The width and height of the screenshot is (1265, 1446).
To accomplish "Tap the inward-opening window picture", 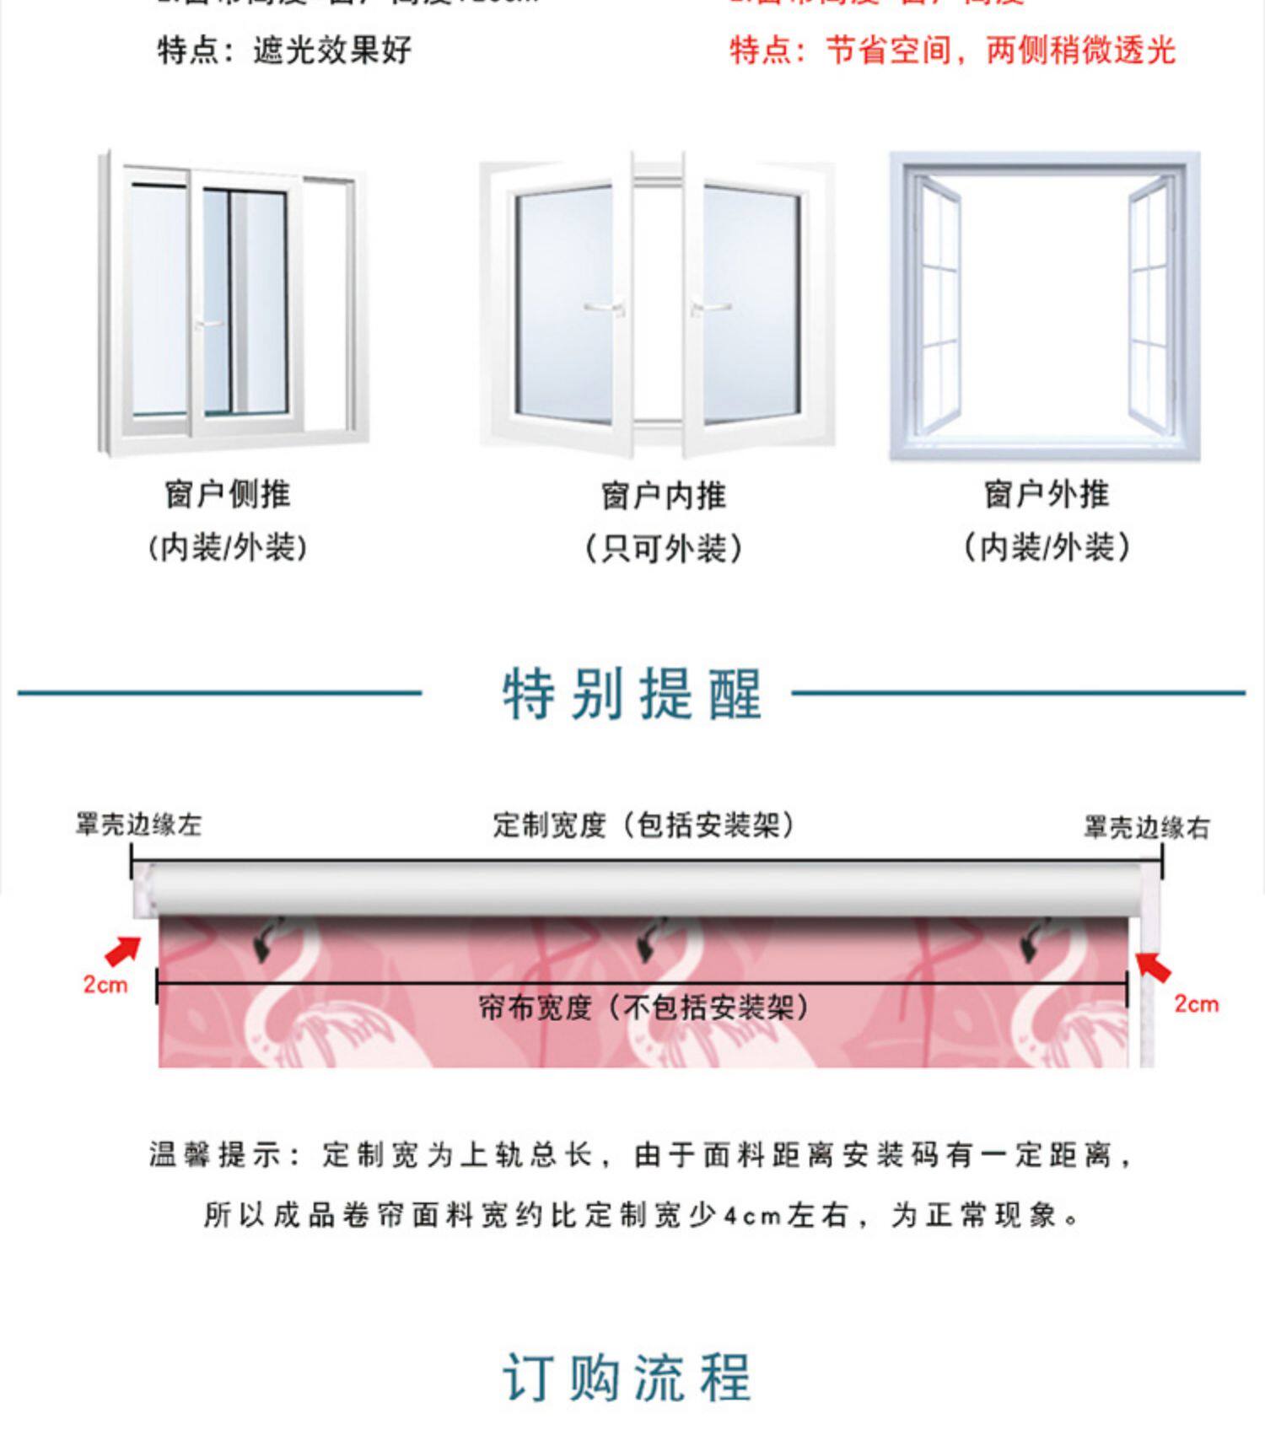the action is (657, 304).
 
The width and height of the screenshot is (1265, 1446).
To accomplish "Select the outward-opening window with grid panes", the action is (1044, 305).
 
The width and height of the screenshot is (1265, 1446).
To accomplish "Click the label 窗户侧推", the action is (228, 494).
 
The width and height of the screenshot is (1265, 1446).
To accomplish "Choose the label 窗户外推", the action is (1047, 494).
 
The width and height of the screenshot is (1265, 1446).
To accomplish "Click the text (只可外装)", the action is (664, 549).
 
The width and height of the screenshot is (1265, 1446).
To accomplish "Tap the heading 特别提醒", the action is (632, 694).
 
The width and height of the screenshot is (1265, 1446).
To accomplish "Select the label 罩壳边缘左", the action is (138, 825).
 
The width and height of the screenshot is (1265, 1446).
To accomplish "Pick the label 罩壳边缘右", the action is (1147, 828).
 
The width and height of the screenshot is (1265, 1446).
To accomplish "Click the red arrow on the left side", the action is (123, 950).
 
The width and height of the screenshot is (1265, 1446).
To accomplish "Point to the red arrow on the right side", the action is (1152, 966).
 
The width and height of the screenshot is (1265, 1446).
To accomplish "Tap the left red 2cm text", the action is (105, 984).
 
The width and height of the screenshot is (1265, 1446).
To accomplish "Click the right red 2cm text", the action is (1197, 1003).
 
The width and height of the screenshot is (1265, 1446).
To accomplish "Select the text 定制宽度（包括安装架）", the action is (644, 825).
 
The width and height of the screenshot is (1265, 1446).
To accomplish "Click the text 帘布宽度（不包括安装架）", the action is (643, 1007).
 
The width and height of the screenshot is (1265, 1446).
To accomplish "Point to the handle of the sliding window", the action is (207, 324).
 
